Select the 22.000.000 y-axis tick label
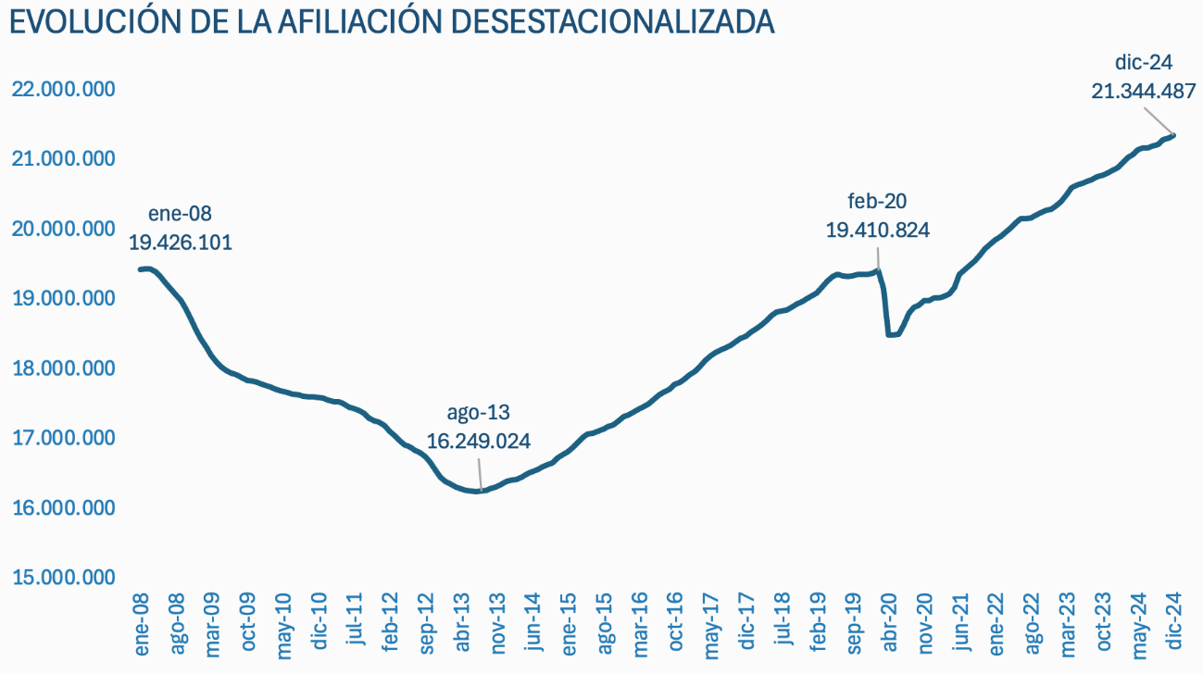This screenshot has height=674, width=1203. [64, 90]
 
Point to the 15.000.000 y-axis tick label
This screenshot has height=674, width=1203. [64, 578]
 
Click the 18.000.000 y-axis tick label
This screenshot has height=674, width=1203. [64, 368]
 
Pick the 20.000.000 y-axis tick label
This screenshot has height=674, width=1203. [64, 229]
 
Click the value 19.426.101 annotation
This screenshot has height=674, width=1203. [181, 243]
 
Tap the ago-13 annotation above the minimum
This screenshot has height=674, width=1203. [478, 413]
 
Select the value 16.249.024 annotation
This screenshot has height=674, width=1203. [478, 441]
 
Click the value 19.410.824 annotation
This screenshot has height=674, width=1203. [877, 230]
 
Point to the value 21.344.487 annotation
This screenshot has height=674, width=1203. [1144, 91]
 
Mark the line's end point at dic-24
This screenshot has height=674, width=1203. [1173, 135]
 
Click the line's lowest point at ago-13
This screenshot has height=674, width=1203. [478, 491]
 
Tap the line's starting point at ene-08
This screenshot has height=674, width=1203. [141, 269]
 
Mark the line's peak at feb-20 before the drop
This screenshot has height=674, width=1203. [877, 270]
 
